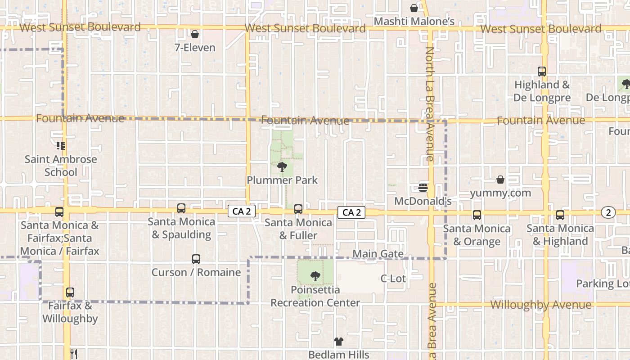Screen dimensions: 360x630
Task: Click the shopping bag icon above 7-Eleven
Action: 195,34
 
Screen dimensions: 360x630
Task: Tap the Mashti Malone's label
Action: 414,22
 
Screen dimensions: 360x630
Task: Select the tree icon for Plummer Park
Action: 282,167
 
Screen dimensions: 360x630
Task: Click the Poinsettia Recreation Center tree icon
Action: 315,276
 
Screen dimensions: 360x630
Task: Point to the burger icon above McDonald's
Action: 423,187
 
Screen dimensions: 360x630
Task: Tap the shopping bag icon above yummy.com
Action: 500,180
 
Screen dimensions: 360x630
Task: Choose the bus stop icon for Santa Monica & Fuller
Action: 298,209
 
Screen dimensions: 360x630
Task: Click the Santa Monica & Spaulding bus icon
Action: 181,208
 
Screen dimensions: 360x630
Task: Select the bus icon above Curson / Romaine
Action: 196,259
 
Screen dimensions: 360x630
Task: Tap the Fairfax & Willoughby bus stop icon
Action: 70,292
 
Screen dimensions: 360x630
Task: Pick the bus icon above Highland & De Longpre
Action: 542,72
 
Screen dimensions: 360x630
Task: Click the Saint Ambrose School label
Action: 61,166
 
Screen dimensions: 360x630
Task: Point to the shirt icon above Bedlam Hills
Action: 338,342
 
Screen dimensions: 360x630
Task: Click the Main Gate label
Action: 378,254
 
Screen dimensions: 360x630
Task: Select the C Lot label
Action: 393,279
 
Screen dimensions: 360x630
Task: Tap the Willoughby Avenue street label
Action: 540,305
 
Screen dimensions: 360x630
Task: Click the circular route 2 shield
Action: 608,213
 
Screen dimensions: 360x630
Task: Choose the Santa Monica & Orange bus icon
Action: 477,215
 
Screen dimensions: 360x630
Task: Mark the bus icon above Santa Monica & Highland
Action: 560,215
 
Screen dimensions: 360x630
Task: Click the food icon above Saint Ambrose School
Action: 61,145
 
